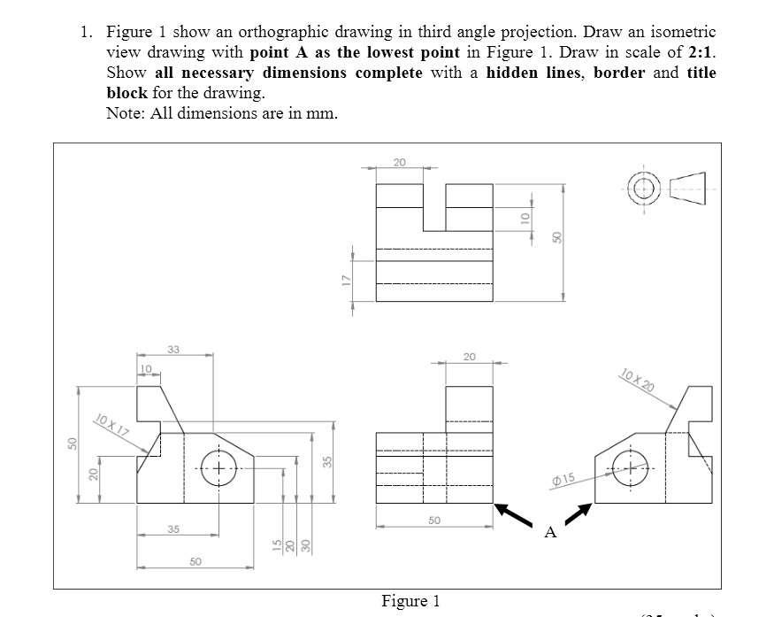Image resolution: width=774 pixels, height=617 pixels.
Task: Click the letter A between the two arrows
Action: tap(551, 532)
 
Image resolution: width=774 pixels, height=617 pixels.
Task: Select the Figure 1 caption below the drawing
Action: tap(410, 602)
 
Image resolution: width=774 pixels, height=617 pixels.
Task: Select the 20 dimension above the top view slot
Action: tap(400, 162)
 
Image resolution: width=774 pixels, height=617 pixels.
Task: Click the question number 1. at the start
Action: tap(86, 32)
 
